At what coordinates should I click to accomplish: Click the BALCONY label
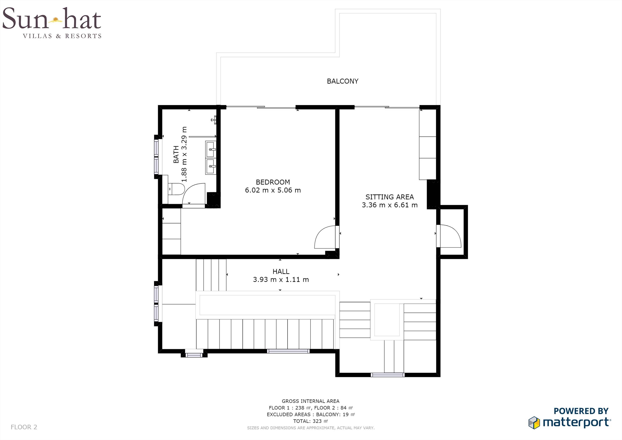pos(343,81)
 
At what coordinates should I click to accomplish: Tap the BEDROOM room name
pos(273,182)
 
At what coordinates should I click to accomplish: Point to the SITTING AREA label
pos(390,197)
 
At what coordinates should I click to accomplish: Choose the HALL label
pos(281,271)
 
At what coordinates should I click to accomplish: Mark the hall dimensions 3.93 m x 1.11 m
pos(281,279)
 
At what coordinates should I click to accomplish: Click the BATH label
pos(176,155)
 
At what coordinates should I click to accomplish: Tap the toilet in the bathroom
pos(176,189)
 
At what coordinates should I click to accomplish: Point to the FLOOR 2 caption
pos(24,427)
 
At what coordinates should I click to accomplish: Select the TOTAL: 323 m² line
pos(310,421)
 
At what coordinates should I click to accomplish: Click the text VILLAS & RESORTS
pos(62,36)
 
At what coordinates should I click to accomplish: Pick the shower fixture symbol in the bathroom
pos(214,120)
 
